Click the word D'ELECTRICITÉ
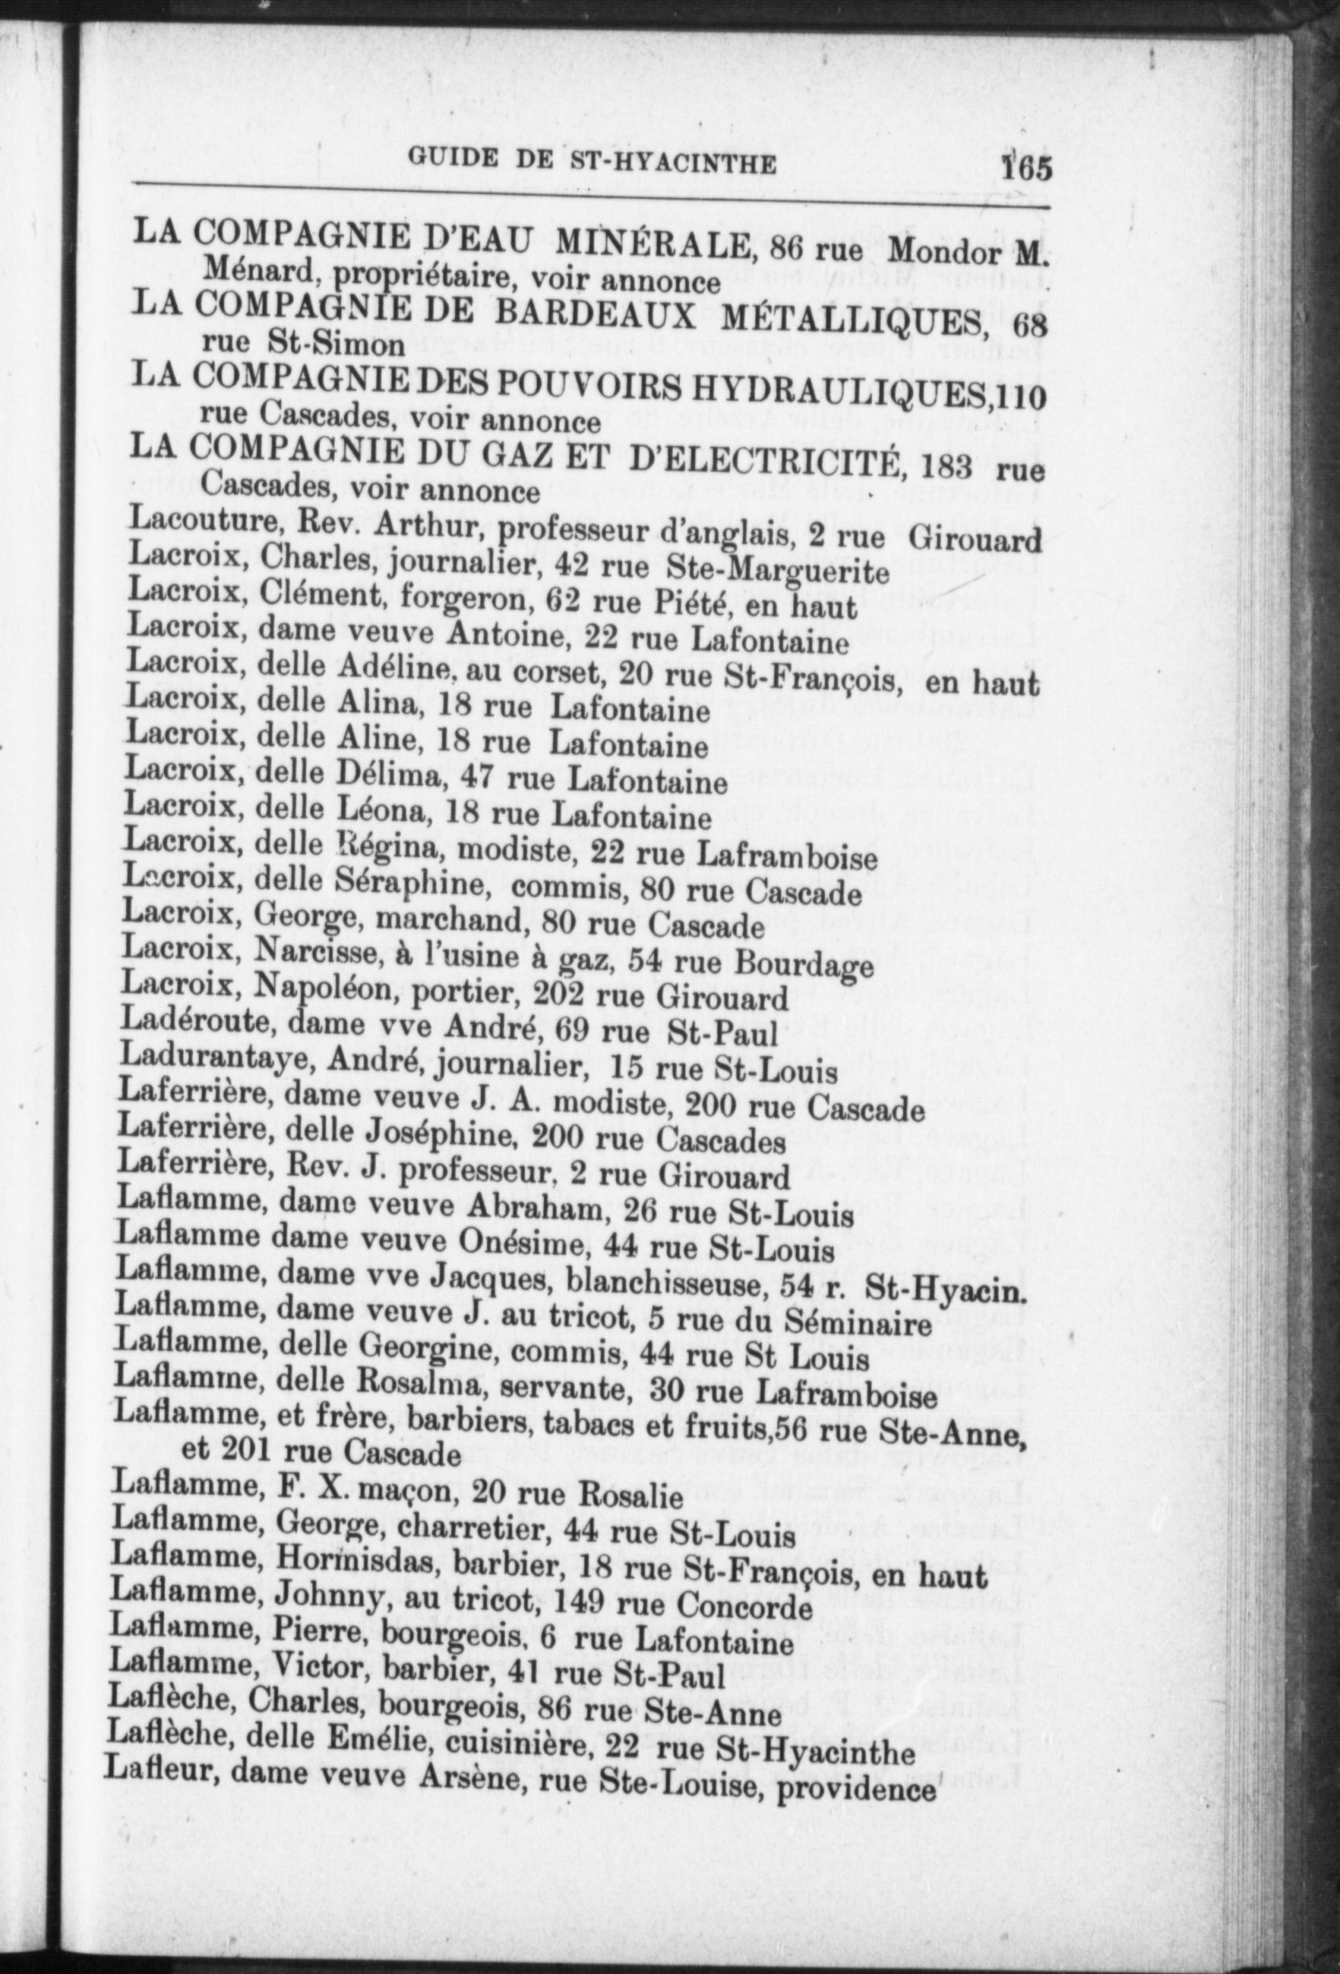click(x=765, y=464)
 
